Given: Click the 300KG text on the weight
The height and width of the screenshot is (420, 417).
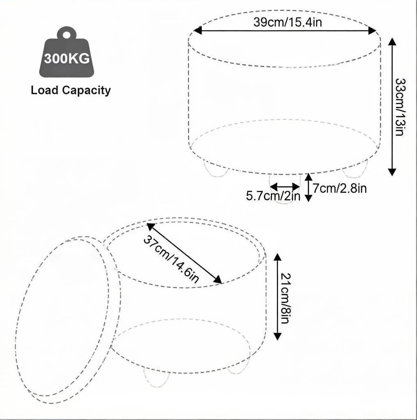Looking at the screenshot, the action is coord(67,58).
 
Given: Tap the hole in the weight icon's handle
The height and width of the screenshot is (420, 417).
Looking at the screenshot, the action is coord(67,35).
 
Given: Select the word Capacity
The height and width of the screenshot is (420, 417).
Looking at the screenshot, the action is coord(86,90).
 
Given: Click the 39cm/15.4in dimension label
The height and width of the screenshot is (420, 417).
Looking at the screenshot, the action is coord(287,22).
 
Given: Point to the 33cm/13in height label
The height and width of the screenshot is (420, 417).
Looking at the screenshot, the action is coord(401,107).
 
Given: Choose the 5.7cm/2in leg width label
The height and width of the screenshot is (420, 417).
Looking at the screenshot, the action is coord(273,196).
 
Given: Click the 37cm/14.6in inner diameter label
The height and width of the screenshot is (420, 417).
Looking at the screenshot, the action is coord(171,259).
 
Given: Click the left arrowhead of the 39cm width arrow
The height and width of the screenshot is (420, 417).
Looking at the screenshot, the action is coord(197,30).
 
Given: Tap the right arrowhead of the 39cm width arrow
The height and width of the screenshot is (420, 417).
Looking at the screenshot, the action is coord(373,31).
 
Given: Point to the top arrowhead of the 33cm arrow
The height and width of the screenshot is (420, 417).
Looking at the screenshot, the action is coord(392,42).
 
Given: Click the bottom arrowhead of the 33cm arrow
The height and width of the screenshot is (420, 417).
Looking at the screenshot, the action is coord(392,172).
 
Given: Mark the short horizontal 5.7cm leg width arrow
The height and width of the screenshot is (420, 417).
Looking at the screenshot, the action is coord(285,186).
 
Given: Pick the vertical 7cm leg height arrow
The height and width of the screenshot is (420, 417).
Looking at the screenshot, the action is coord(308,187).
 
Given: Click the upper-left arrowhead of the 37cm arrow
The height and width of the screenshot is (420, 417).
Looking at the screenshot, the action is coord(151,227).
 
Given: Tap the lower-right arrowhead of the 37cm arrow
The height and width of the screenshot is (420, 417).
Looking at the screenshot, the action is coord(218,279).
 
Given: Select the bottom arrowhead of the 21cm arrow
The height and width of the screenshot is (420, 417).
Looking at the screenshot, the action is coord(278,336).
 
